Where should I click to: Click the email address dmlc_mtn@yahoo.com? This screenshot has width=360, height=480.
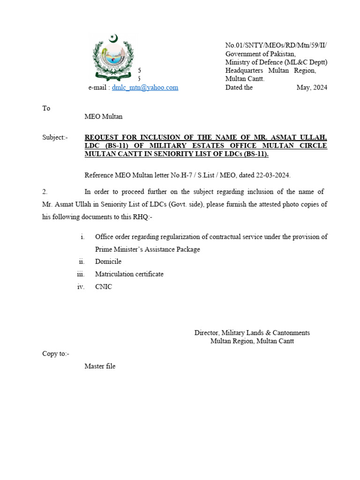pyautogui.click(x=145, y=88)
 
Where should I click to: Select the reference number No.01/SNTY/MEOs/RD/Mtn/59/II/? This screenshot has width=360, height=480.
pyautogui.click(x=276, y=45)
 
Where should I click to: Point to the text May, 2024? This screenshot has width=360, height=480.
pyautogui.click(x=312, y=88)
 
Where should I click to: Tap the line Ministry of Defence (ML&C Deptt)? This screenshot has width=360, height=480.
pyautogui.click(x=276, y=62)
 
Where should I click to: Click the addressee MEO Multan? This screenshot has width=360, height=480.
pyautogui.click(x=103, y=117)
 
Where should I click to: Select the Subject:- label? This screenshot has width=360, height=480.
pyautogui.click(x=55, y=137)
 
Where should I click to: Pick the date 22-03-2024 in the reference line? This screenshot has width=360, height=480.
pyautogui.click(x=273, y=175)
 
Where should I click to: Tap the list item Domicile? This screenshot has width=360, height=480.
pyautogui.click(x=108, y=262)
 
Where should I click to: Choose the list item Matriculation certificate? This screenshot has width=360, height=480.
pyautogui.click(x=129, y=274)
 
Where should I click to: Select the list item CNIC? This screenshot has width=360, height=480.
pyautogui.click(x=104, y=287)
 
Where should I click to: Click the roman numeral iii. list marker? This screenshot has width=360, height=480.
pyautogui.click(x=81, y=274)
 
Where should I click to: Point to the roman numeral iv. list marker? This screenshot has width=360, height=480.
pyautogui.click(x=81, y=287)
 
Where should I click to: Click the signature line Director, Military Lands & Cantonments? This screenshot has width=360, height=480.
pyautogui.click(x=252, y=333)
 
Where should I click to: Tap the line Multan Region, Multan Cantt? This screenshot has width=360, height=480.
pyautogui.click(x=252, y=341)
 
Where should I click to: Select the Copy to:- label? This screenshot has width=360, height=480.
pyautogui.click(x=55, y=354)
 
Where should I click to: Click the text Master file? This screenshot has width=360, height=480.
pyautogui.click(x=100, y=367)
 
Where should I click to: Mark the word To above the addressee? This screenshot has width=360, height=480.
pyautogui.click(x=46, y=108)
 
